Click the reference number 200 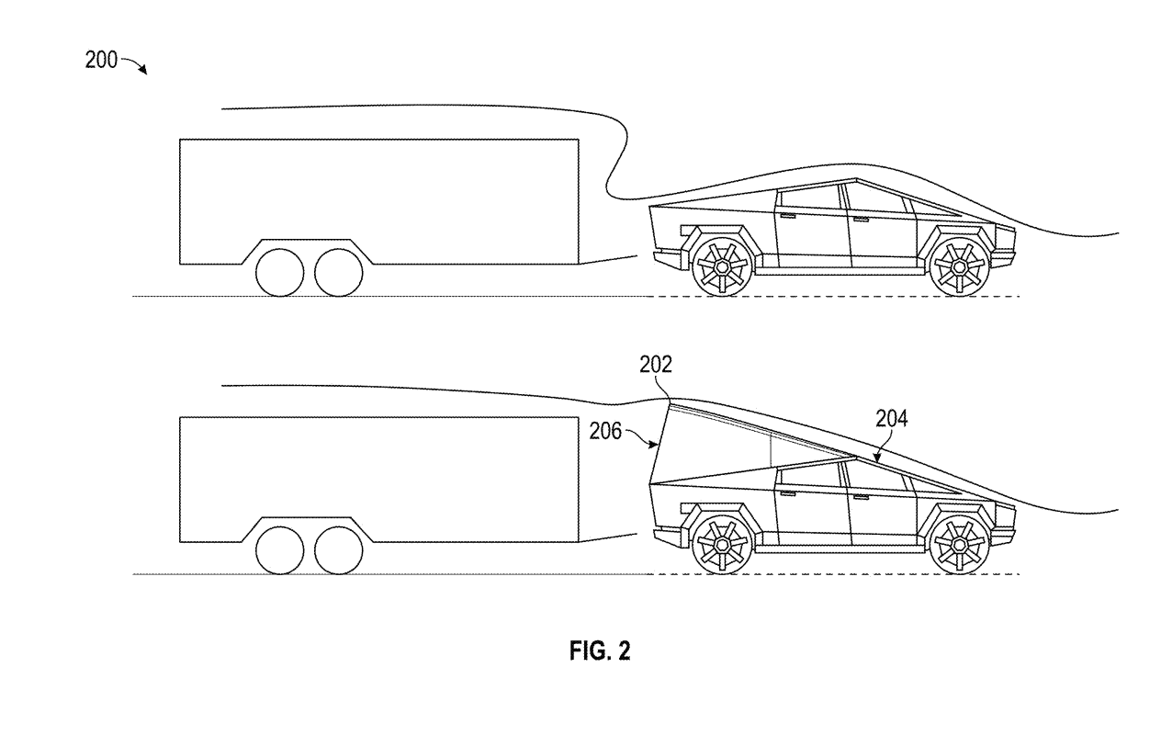point(101,62)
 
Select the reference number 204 point(891,420)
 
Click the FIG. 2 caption point(597,651)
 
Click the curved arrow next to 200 point(135,65)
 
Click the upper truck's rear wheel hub point(721,266)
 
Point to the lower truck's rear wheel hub point(721,545)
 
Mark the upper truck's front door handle point(861,220)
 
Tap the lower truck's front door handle point(861,499)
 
